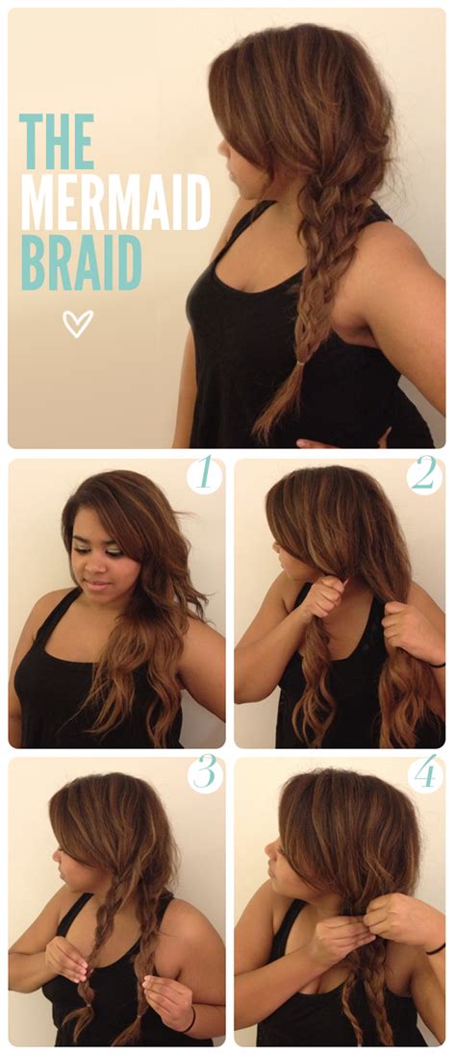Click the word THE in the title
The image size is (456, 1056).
(57, 141)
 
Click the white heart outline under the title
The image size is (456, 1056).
(77, 324)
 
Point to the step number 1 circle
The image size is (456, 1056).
(204, 475)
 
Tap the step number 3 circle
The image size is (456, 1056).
(204, 774)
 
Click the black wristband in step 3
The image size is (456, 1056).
(191, 1017)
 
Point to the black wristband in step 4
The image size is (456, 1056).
(436, 948)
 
